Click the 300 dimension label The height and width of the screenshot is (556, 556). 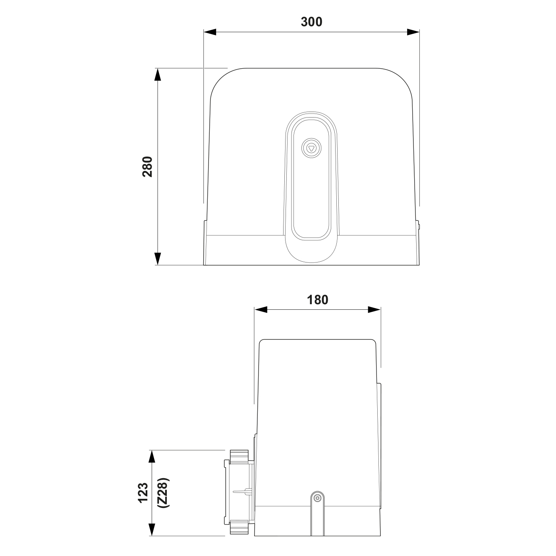click(311, 22)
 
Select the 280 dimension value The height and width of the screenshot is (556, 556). click(147, 166)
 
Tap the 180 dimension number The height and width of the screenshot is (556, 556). click(317, 300)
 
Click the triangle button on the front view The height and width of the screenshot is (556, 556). click(311, 149)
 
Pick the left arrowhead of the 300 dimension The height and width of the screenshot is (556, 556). click(210, 32)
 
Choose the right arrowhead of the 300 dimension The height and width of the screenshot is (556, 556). click(413, 32)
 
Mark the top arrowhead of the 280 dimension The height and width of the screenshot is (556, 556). click(157, 74)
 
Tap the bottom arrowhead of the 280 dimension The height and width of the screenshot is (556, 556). click(157, 259)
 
